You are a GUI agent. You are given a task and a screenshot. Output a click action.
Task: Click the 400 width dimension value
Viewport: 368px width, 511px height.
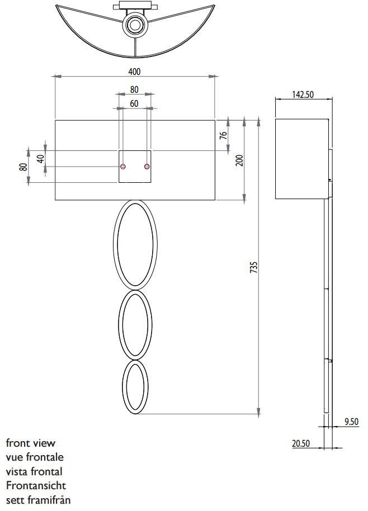(134, 71)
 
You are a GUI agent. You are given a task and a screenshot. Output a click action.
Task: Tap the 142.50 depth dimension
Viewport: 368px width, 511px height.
(302, 94)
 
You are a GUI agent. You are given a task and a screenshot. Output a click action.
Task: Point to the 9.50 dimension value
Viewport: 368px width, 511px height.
(351, 422)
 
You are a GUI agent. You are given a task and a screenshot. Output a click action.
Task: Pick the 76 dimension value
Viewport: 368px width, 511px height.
(223, 135)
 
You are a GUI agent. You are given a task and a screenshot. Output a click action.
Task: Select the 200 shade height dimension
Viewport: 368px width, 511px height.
(239, 160)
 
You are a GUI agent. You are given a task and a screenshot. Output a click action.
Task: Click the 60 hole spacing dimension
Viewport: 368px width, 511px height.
(134, 103)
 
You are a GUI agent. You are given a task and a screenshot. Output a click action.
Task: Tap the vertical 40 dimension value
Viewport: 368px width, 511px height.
(40, 159)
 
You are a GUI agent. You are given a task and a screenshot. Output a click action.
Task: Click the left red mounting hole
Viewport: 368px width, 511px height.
(123, 167)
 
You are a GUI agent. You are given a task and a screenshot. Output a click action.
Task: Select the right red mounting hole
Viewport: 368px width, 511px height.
(147, 167)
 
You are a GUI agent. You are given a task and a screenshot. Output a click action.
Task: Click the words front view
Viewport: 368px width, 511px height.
(31, 443)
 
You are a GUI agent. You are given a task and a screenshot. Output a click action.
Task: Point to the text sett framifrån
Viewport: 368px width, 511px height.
(39, 499)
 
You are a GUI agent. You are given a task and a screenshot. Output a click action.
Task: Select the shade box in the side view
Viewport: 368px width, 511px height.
(301, 159)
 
